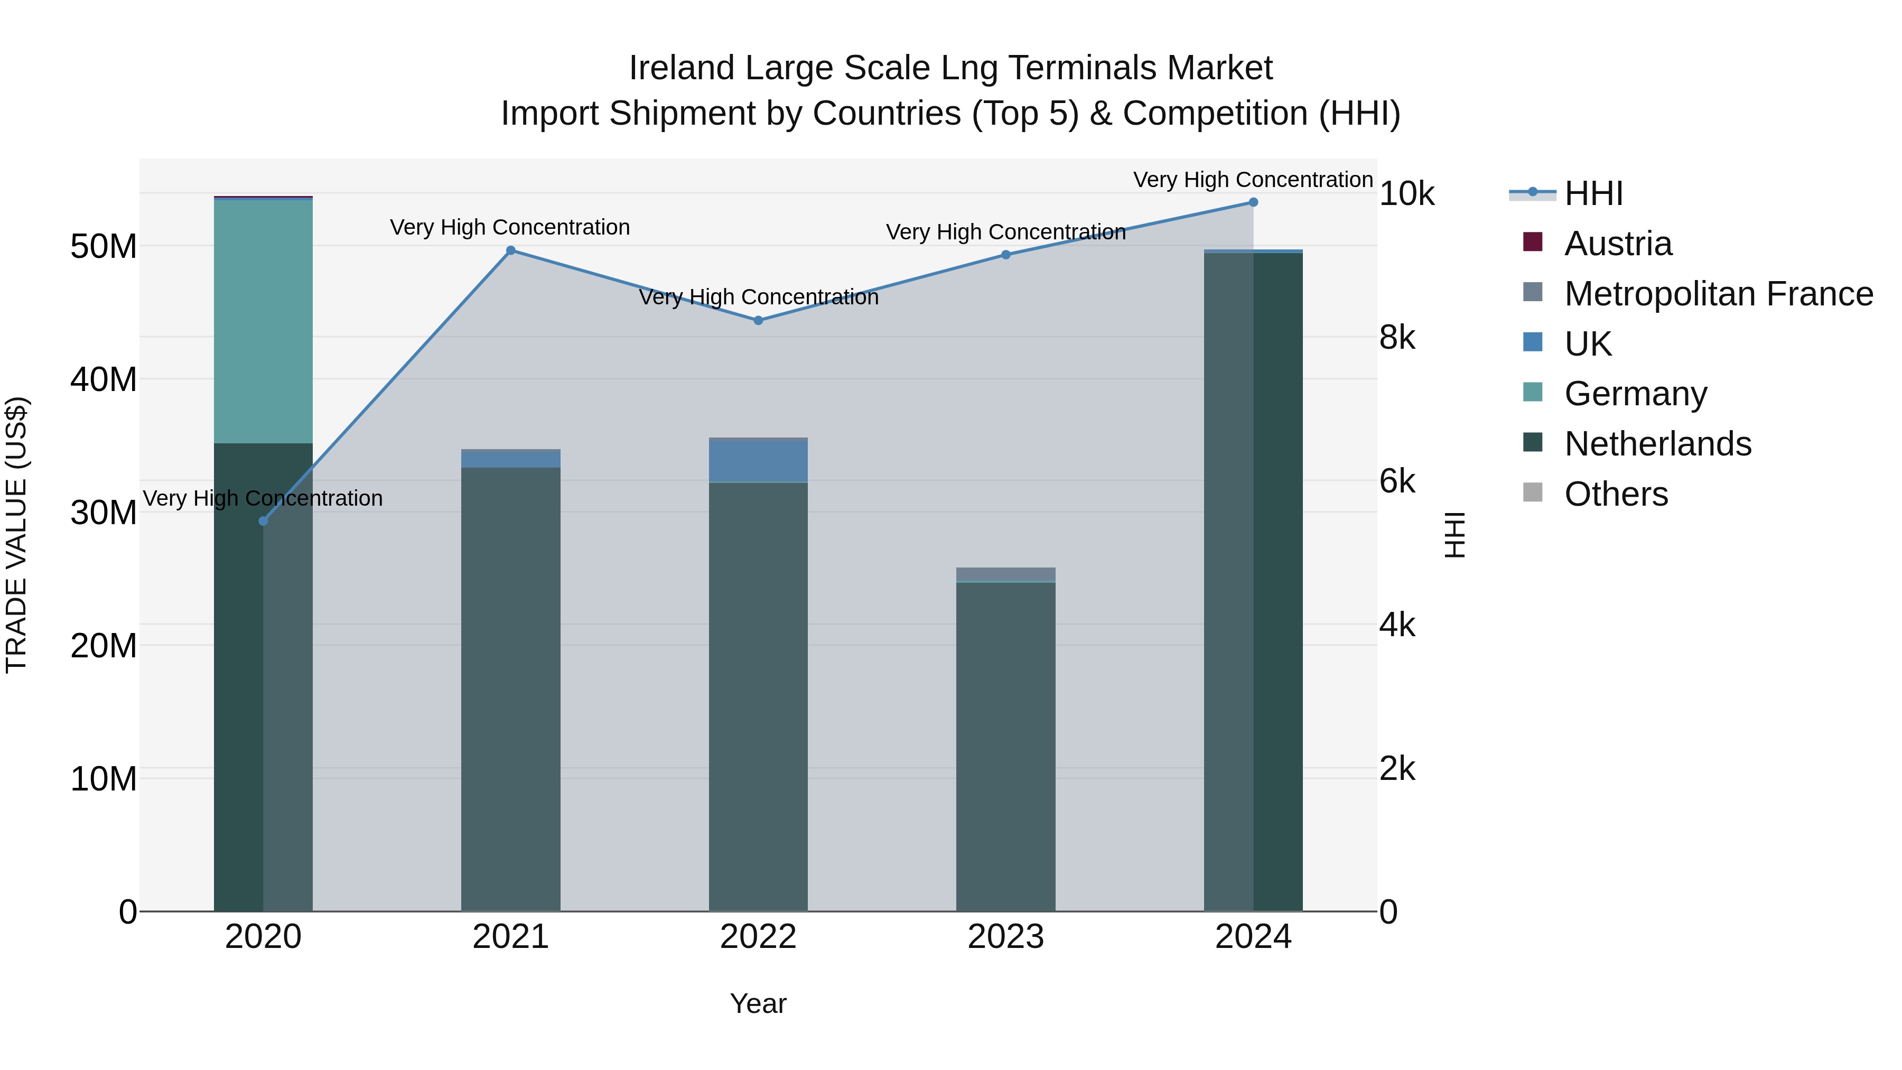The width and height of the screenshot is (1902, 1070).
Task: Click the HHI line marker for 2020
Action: coord(263,522)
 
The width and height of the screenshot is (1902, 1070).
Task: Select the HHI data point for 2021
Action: coord(510,250)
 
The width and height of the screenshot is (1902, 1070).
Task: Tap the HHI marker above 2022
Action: coord(758,321)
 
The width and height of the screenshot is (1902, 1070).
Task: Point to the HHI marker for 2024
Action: coord(1253,202)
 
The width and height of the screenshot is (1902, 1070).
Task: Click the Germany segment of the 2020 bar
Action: coord(263,321)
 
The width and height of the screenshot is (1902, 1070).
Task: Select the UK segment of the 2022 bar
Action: coord(758,461)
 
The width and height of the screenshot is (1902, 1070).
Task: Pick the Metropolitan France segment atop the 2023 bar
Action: coord(1005,574)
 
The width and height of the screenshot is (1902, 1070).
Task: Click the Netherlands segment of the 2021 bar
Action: coord(510,687)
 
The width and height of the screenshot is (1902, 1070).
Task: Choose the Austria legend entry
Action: coord(1617,244)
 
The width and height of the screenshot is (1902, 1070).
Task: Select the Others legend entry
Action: coord(1616,494)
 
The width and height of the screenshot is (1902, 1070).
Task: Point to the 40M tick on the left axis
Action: coord(104,379)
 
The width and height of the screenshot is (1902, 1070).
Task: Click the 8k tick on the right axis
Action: coord(1397,338)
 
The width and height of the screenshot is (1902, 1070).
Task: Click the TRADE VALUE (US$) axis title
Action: coord(16,535)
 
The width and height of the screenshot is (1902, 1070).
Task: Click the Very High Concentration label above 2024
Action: coord(1253,180)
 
